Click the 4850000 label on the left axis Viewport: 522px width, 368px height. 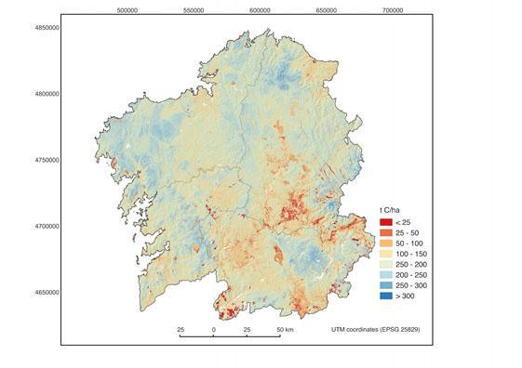[45, 28]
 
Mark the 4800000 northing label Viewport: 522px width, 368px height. [45, 94]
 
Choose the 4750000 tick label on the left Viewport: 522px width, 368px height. [45, 160]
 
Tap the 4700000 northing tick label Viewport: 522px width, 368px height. [45, 226]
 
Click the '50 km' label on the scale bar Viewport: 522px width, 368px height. [284, 330]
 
